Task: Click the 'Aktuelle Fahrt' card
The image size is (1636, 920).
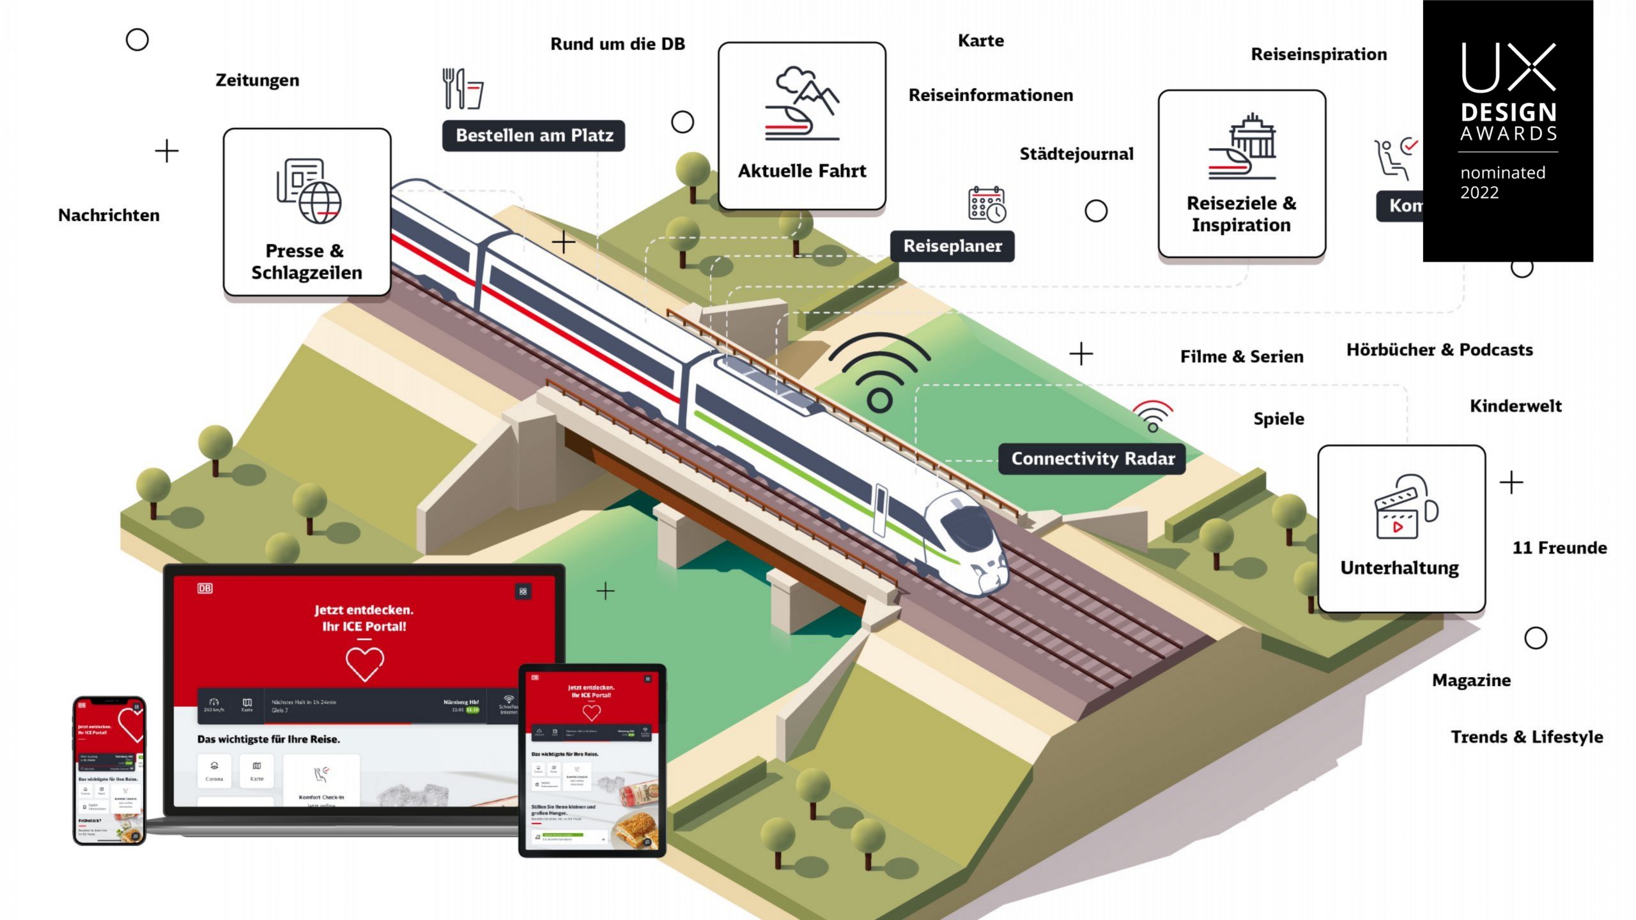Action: [802, 126]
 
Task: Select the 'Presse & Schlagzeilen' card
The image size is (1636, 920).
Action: [307, 212]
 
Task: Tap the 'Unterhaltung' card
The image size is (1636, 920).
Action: [1401, 528]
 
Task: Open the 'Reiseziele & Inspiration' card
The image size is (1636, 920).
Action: [1242, 174]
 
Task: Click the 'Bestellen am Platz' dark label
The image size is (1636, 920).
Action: [534, 135]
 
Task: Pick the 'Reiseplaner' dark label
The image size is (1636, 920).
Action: [952, 246]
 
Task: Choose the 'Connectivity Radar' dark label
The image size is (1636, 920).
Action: [1092, 459]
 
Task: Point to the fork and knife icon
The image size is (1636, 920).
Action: [462, 89]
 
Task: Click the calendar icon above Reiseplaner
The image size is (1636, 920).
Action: [987, 204]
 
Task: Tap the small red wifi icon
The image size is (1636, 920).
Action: [1152, 416]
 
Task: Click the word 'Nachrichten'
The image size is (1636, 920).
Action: [109, 215]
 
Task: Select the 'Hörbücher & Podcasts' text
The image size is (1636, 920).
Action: [1439, 350]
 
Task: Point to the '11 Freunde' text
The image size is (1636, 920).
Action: [1559, 548]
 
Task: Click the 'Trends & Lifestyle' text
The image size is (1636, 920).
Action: [1527, 737]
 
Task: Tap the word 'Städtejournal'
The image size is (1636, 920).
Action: [1076, 154]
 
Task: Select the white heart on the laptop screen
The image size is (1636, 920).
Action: [364, 663]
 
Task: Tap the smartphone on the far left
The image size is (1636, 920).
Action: [109, 770]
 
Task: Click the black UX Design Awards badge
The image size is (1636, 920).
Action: [1508, 130]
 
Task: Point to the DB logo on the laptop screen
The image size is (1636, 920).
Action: [204, 588]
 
